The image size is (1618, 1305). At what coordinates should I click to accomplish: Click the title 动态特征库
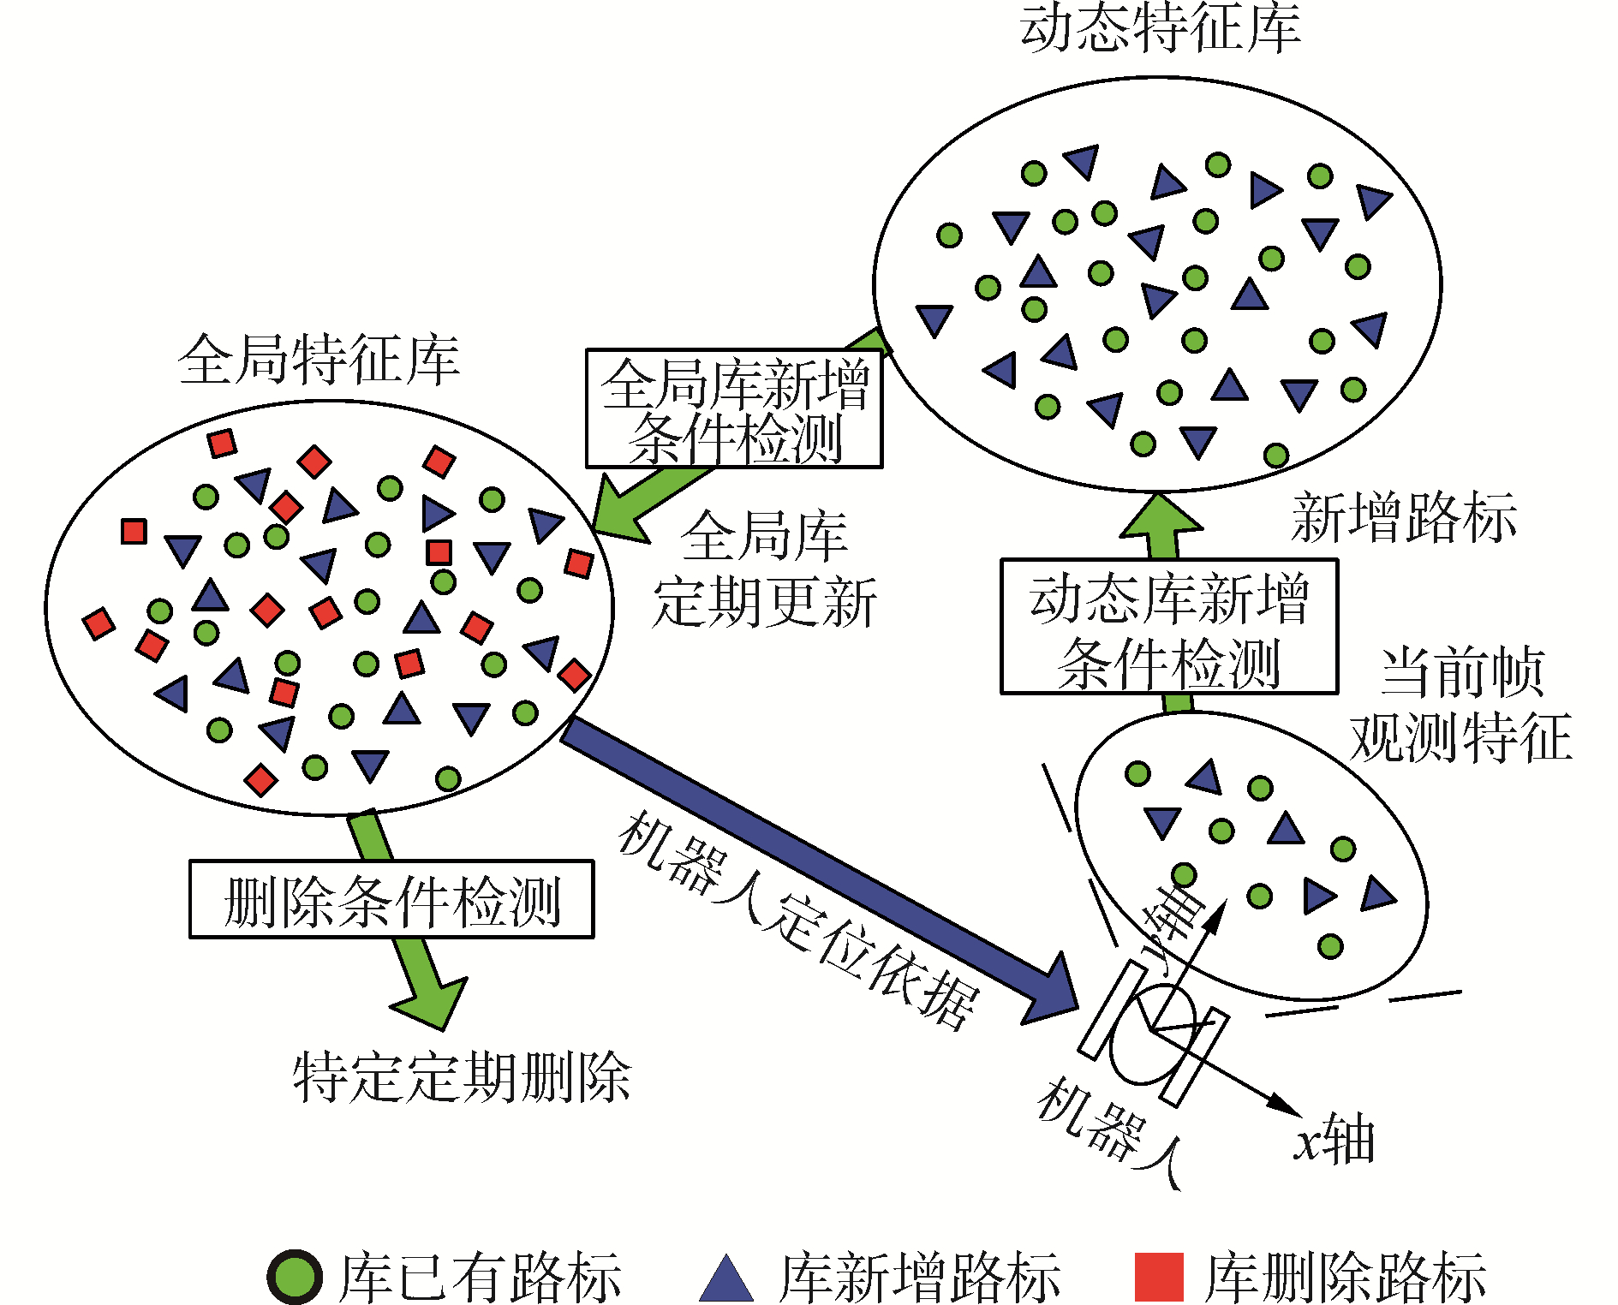tap(1161, 27)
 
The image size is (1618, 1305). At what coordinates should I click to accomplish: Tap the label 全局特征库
tap(319, 360)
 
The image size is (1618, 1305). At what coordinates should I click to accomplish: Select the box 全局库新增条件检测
tap(734, 409)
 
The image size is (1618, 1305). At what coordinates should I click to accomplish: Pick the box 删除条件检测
tap(391, 900)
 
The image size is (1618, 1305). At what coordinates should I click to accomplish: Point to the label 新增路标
tap(1404, 517)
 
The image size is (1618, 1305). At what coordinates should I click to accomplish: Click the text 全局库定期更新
tap(764, 569)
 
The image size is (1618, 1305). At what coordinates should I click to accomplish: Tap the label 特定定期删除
tap(462, 1077)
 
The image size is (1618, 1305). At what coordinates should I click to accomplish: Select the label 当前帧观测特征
tap(1460, 704)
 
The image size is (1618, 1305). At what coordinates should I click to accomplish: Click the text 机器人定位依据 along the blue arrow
tap(797, 921)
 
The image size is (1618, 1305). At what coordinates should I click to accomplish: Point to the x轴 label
tap(1335, 1140)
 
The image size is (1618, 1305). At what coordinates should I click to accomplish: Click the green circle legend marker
tap(295, 1277)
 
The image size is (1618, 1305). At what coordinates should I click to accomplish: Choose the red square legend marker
tap(1158, 1277)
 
